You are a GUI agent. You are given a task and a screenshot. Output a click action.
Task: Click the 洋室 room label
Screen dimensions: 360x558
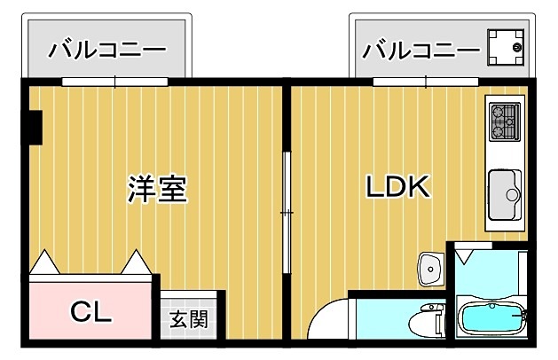(157, 189)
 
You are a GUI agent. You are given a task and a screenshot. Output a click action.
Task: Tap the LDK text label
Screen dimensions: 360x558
(398, 187)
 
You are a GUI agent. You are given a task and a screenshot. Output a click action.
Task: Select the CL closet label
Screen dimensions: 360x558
(91, 313)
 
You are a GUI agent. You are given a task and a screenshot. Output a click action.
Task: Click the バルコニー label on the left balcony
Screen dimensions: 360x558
(106, 50)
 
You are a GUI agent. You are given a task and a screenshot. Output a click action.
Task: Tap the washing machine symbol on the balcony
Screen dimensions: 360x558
(506, 45)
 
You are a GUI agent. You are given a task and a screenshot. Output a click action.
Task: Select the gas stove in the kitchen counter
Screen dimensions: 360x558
(505, 122)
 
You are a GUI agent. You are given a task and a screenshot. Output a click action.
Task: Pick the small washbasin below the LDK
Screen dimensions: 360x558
(431, 267)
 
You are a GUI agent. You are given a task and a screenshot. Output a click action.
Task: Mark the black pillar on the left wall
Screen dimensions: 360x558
(33, 126)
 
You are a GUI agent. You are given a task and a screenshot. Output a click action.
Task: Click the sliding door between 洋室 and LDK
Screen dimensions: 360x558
(287, 213)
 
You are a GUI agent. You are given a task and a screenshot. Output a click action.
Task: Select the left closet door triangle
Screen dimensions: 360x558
(43, 262)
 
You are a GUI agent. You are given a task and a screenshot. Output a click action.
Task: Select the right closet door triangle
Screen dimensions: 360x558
(138, 262)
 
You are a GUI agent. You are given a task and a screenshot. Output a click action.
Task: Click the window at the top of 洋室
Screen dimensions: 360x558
(115, 82)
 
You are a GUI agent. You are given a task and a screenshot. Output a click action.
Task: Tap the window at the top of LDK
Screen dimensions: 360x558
(426, 82)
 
